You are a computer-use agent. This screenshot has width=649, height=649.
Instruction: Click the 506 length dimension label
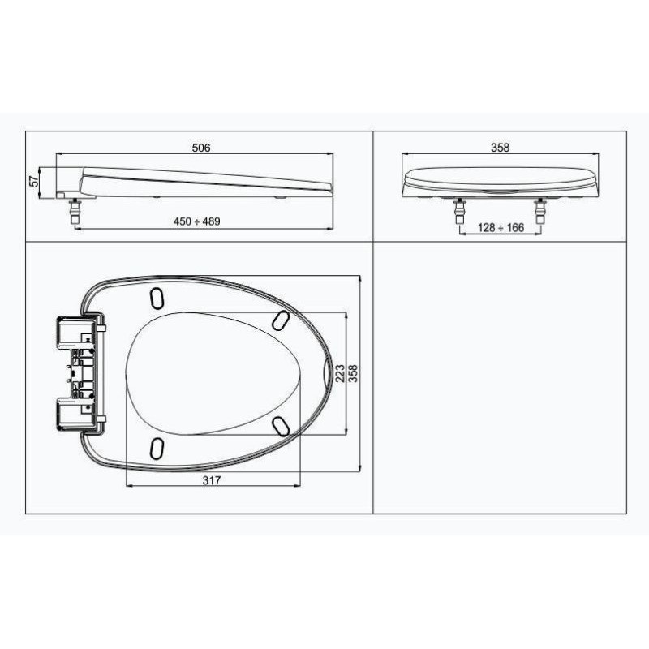point(201,148)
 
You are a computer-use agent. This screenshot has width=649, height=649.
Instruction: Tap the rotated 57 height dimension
point(34,181)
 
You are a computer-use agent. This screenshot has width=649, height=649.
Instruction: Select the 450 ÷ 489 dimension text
point(196,221)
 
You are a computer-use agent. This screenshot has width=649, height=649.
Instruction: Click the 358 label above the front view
point(500,148)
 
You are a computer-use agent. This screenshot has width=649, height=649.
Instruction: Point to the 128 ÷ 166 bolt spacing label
point(501,228)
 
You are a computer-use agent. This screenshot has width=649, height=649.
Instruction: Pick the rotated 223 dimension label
point(340,373)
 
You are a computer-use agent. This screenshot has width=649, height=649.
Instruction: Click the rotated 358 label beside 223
point(353,373)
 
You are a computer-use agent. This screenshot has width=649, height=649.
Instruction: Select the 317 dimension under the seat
point(212,480)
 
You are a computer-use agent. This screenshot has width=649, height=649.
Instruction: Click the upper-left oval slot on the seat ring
point(157,298)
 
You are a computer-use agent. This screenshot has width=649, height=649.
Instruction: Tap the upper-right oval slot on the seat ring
point(281,320)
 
